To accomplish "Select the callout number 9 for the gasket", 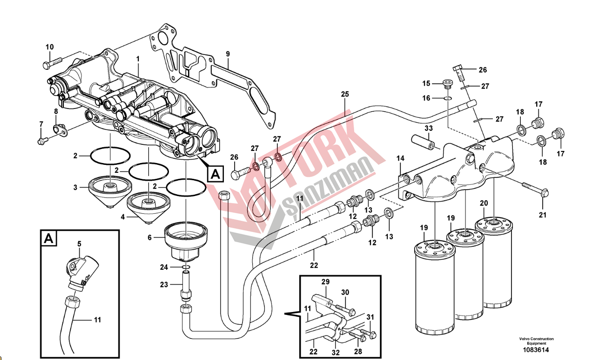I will point(228,54).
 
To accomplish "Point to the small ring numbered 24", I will point(186,267).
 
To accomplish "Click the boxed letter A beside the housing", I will point(215,174).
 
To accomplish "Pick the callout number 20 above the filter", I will point(484,203).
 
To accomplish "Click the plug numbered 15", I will point(448,84).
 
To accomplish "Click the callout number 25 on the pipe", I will point(344,94).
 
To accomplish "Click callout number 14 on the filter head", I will point(400,159).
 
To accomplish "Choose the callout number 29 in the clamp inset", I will point(325,282).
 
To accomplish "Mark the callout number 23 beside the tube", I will point(164,285).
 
